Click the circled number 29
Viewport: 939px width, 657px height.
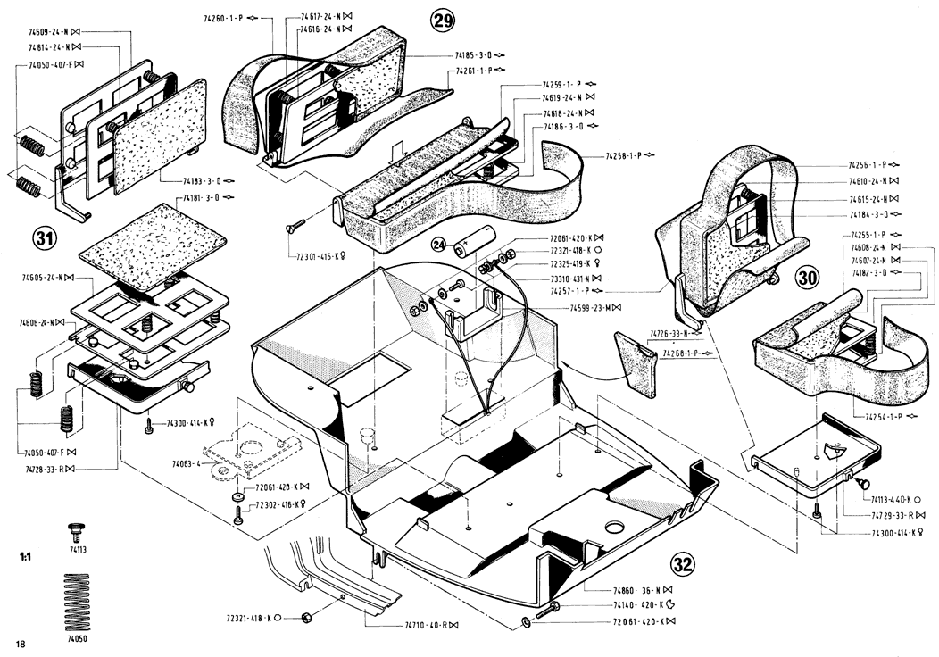(443, 21)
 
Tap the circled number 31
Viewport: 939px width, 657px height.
(42, 237)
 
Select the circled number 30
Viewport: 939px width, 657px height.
(808, 278)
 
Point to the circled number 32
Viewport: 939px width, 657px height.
(683, 563)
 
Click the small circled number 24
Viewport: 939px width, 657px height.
(438, 243)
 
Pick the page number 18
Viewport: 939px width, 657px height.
(21, 643)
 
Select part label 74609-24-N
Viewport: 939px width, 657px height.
(49, 32)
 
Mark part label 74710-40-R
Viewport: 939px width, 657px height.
(426, 626)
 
